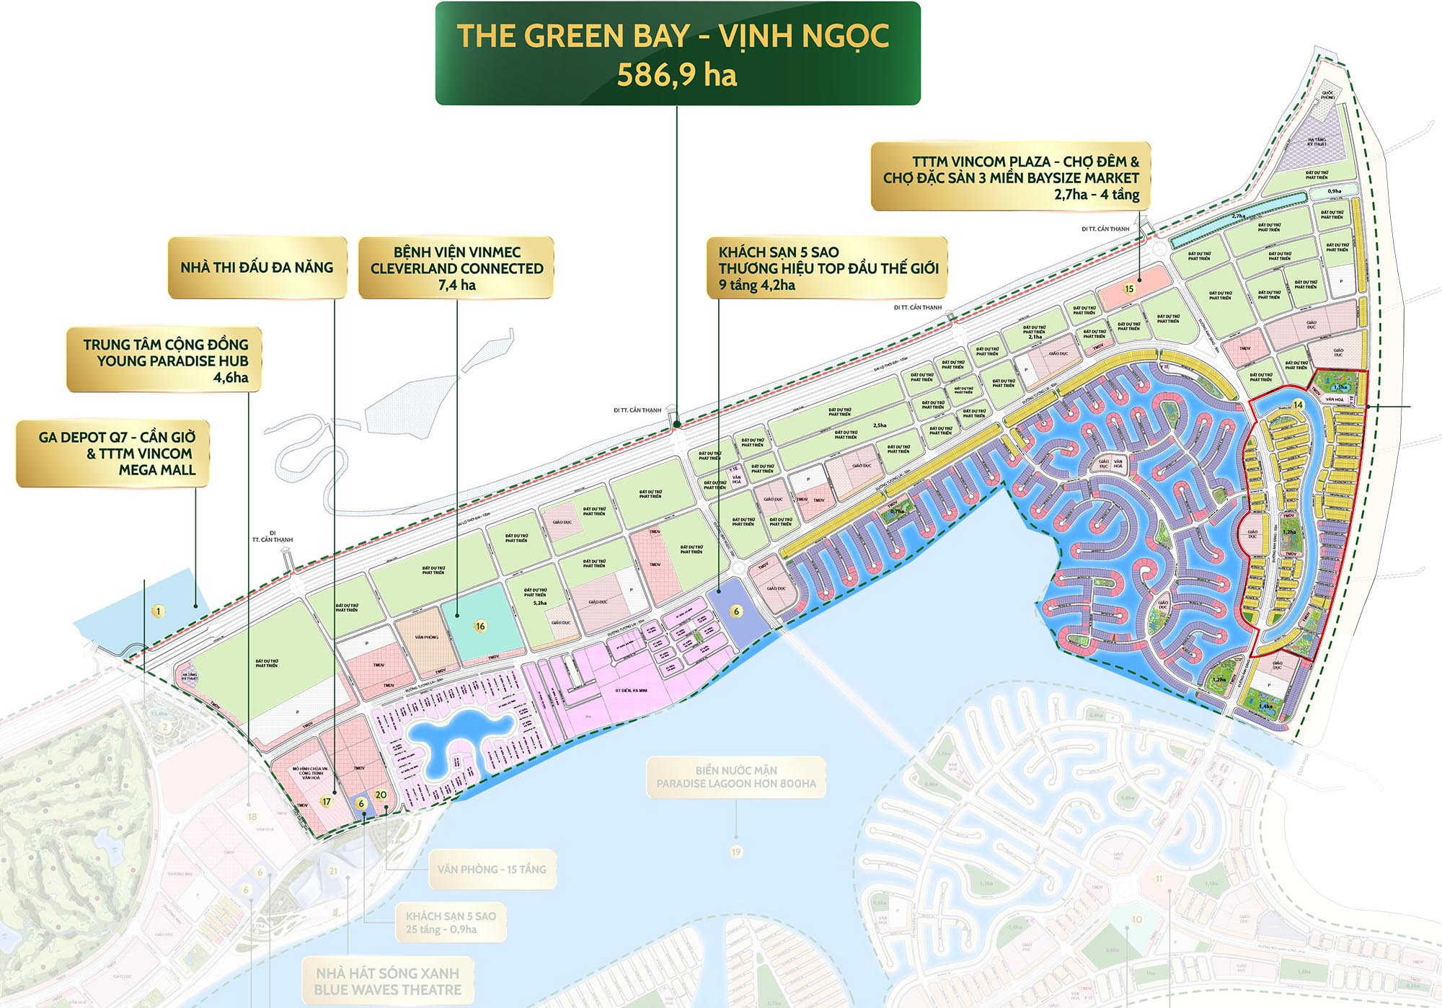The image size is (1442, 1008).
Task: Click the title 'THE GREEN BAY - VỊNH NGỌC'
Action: point(673,36)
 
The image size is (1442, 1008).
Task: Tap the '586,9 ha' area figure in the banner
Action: point(676,75)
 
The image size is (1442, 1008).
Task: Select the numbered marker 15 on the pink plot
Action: point(1130,288)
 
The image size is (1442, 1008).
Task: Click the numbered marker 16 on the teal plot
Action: point(480,626)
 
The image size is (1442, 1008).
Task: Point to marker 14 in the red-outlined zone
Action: point(1298,404)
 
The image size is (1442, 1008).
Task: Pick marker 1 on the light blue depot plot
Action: point(159,611)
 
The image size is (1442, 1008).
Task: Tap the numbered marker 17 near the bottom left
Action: point(327,801)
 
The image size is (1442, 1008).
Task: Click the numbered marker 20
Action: point(381,795)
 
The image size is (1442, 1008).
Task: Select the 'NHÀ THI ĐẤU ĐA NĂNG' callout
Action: point(257,268)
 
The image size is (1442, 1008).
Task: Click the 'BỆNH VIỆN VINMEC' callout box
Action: point(456,268)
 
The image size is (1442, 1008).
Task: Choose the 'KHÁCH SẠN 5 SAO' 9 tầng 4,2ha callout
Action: point(827,268)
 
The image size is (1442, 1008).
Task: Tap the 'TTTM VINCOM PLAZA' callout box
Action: point(1011,177)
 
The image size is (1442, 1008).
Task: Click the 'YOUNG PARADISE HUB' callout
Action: point(165,360)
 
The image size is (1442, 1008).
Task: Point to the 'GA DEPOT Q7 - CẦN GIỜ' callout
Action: point(113,453)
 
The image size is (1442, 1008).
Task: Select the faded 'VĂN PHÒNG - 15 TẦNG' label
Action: point(492,870)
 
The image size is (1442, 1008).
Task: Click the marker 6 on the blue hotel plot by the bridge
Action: point(736,611)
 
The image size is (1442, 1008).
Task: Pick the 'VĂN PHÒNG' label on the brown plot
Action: point(427,637)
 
